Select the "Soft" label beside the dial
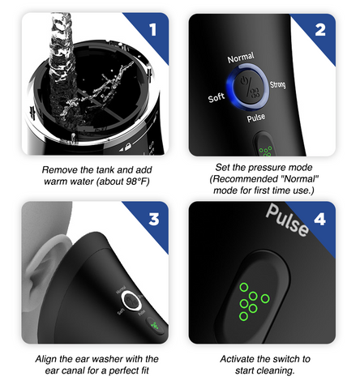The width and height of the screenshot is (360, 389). tap(216, 97)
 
